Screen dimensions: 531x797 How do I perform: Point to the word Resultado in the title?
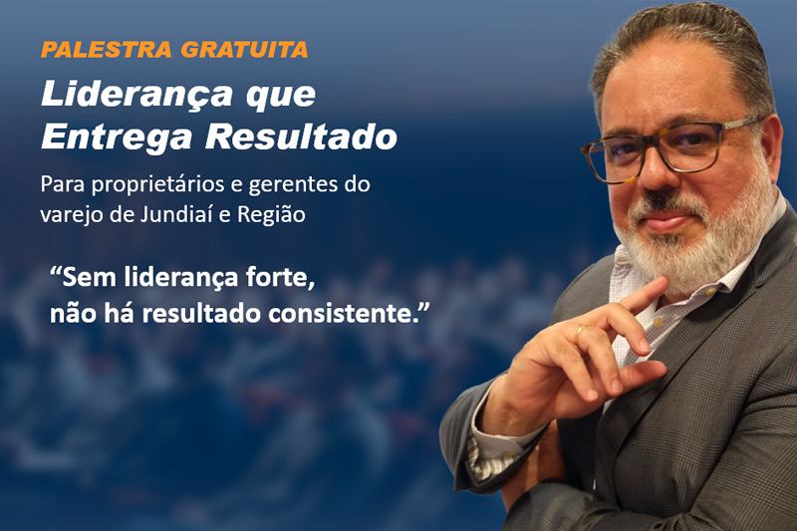[302, 137]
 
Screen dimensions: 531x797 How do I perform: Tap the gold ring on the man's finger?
[580, 333]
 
